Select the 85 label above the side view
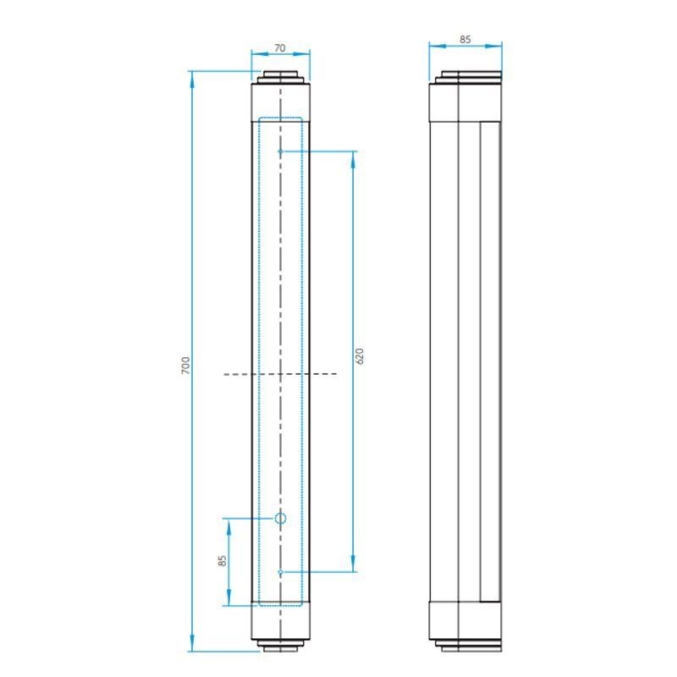click(465, 39)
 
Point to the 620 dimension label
click(360, 356)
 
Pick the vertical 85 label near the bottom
click(222, 561)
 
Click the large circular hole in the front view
click(280, 518)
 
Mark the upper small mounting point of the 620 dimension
click(280, 151)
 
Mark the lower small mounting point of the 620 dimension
click(280, 572)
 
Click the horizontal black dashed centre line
click(280, 373)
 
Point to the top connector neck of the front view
click(280, 76)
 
